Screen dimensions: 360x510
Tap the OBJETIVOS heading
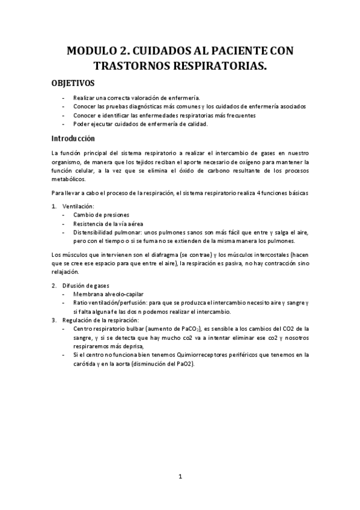[72, 83]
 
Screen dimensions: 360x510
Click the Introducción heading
[74, 138]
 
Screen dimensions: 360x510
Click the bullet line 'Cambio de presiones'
[101, 215]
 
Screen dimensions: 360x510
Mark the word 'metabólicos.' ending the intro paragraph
[69, 179]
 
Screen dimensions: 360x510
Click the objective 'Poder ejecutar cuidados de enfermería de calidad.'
[141, 124]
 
